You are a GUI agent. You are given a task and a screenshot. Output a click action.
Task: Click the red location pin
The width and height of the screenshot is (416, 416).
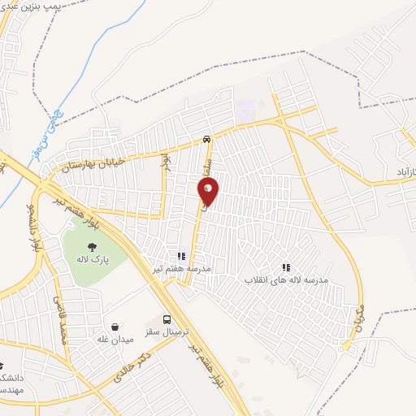[209, 190]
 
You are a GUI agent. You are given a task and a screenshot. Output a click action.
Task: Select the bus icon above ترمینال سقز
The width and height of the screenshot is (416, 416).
[167, 319]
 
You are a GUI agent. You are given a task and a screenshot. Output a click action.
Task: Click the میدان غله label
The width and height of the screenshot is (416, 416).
[115, 339]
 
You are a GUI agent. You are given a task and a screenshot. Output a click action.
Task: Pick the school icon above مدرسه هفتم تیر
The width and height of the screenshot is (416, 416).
[181, 257]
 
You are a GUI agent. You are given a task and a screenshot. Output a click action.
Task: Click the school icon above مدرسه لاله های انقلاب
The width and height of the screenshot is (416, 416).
[286, 266]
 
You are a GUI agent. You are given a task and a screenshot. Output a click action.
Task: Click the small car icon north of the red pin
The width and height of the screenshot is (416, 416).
[208, 139]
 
